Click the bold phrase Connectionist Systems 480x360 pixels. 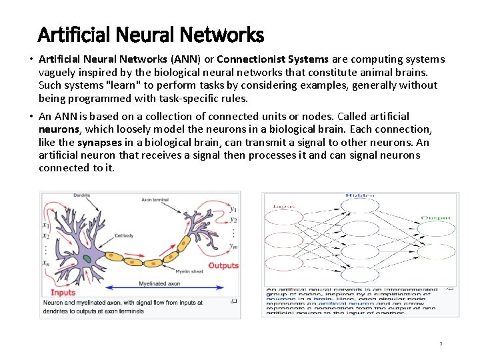point(273,59)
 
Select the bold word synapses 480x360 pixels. point(99,143)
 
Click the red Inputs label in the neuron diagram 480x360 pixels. point(63,292)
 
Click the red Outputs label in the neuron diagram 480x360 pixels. point(223,265)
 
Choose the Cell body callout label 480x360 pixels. point(123,235)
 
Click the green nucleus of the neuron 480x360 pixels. point(87,258)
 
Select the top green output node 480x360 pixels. point(436,229)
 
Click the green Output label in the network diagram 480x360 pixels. point(436,217)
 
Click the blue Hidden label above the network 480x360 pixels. point(359,196)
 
